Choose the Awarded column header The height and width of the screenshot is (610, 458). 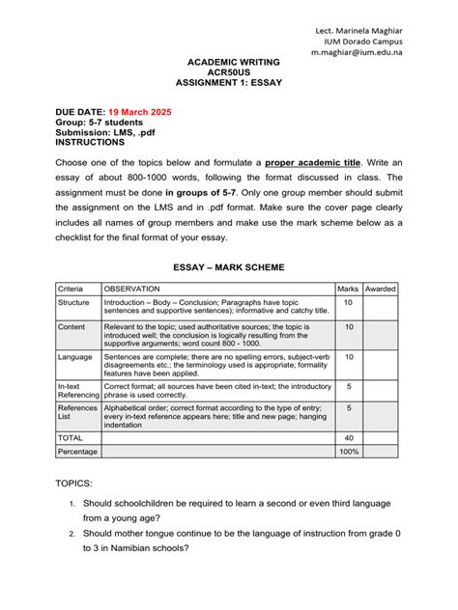click(380, 289)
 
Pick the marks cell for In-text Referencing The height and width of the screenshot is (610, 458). click(348, 386)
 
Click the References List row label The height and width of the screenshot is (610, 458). click(76, 413)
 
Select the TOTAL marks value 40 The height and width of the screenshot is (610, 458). click(348, 437)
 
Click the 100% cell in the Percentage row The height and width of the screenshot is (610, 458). click(348, 451)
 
